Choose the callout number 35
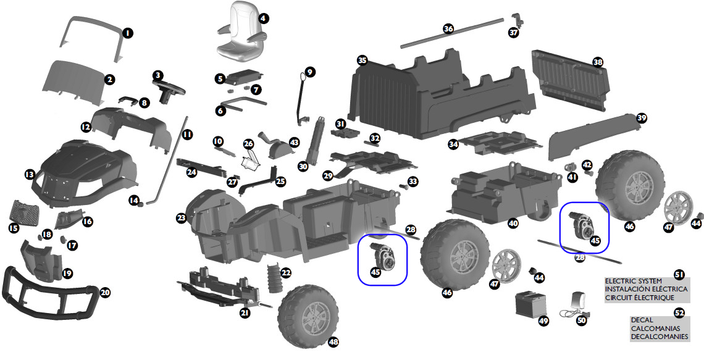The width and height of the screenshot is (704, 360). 362,60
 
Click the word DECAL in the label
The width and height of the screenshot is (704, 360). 642,320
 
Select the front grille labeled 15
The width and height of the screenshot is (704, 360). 25,214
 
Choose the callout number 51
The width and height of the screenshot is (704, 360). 679,274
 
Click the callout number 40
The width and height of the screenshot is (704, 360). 513,224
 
